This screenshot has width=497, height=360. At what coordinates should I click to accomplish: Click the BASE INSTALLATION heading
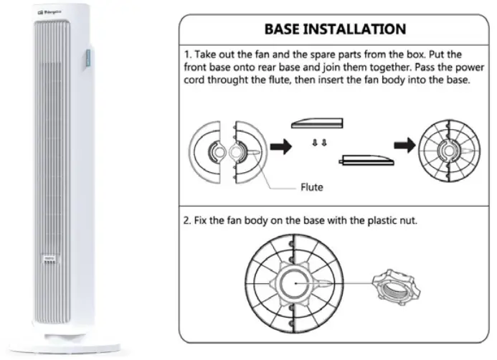[x=335, y=29]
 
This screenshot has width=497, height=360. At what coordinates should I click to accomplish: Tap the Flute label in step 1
[x=311, y=188]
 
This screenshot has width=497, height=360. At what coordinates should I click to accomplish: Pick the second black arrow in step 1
[x=405, y=146]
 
